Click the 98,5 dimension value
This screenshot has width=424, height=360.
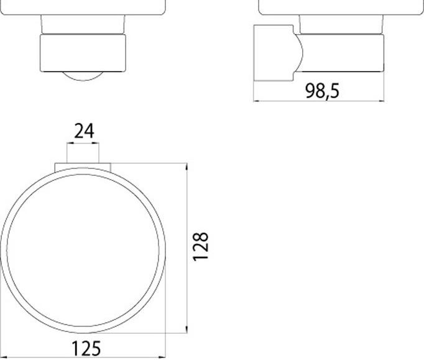[x=322, y=90]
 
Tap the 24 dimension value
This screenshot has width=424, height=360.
[x=84, y=131]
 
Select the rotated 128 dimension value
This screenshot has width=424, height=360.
[x=200, y=247]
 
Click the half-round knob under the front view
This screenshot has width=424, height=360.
[x=84, y=76]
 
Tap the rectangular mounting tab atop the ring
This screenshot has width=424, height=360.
[x=83, y=167]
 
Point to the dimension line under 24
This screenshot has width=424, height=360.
[x=83, y=144]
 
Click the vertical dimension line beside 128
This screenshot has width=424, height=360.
[x=187, y=249]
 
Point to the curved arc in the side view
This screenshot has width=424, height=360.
[x=300, y=53]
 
